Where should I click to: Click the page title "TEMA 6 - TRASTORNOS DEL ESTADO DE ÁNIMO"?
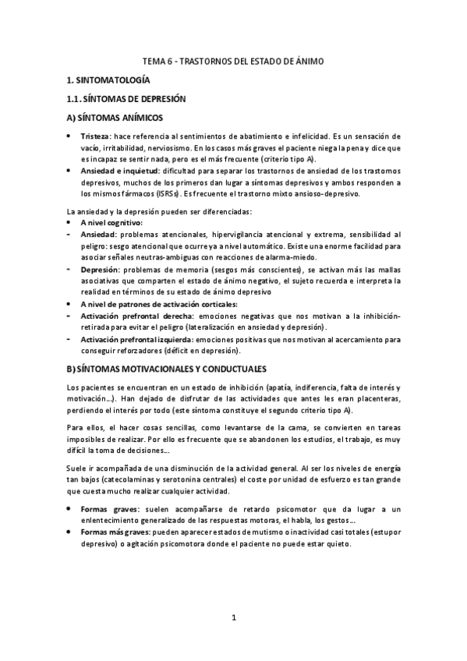[234, 60]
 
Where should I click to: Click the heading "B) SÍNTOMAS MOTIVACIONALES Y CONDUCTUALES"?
[167, 367]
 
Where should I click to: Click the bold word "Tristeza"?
[96, 136]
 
